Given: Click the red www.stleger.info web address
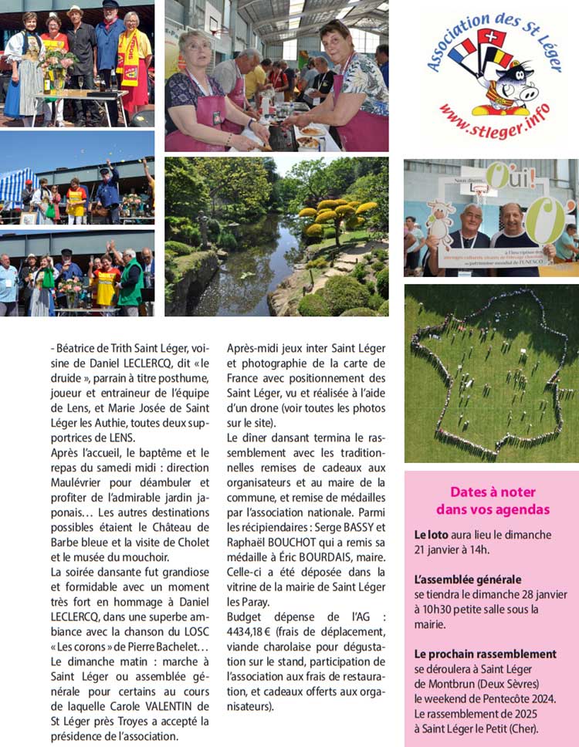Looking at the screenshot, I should click(x=494, y=121).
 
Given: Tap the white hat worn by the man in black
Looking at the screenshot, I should click(x=75, y=10).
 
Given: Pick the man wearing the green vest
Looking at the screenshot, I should click(x=130, y=282).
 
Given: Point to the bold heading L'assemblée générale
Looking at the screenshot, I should click(x=468, y=579).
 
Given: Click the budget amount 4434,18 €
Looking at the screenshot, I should click(x=249, y=632).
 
